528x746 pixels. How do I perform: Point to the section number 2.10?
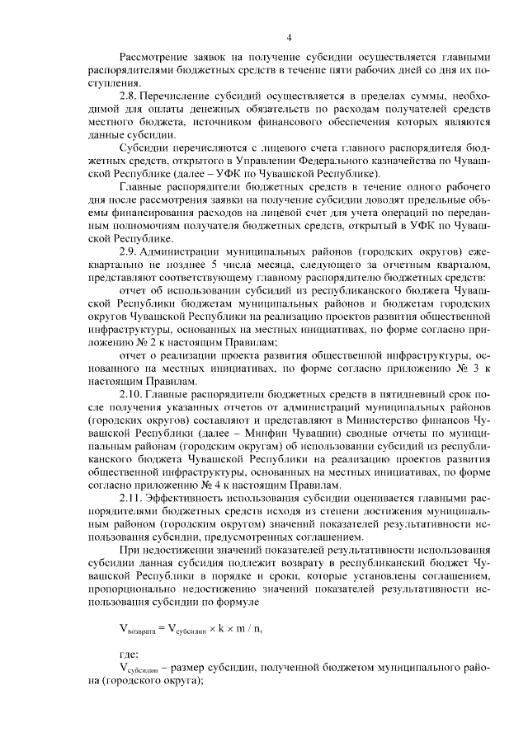tap(132, 392)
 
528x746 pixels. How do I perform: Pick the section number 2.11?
tap(132, 499)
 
